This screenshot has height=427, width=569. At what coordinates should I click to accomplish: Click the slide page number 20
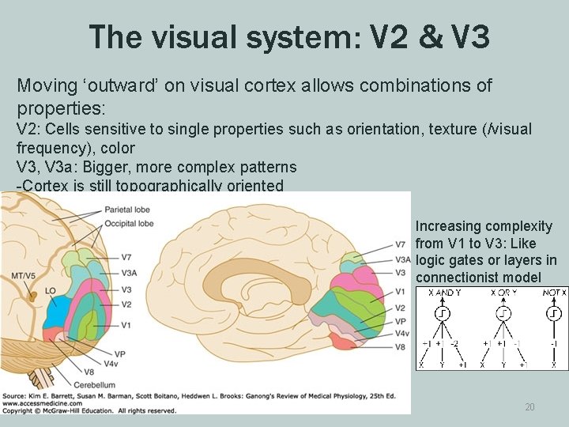(529, 406)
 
